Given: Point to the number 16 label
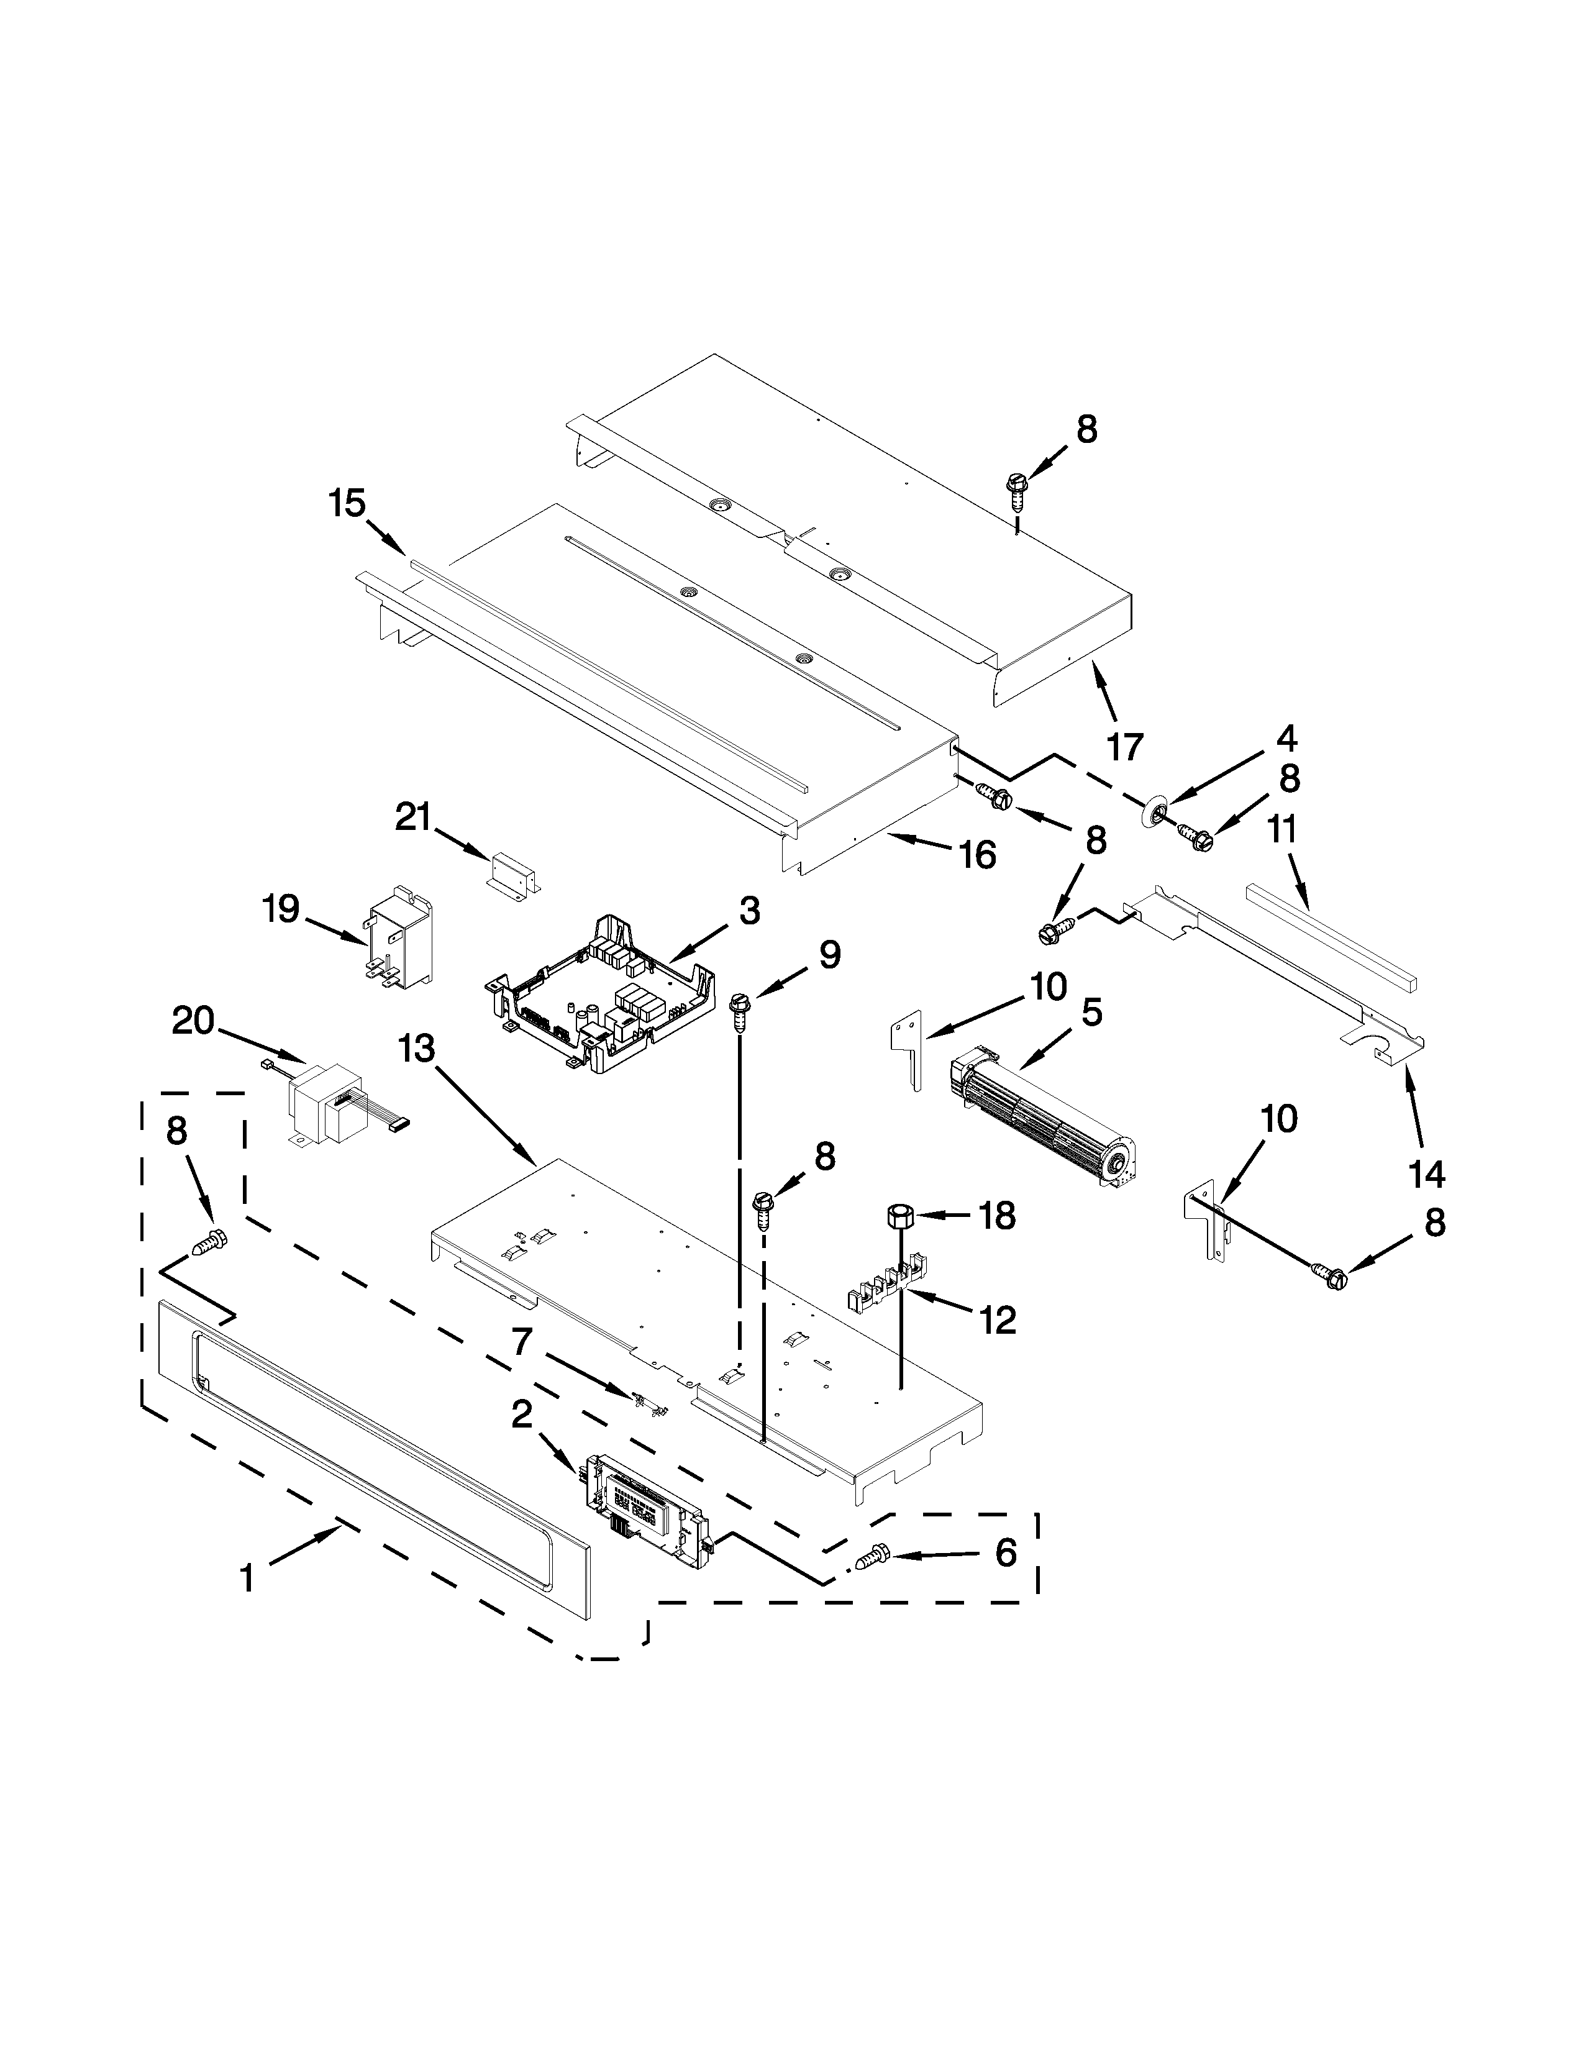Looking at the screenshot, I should point(978,854).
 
